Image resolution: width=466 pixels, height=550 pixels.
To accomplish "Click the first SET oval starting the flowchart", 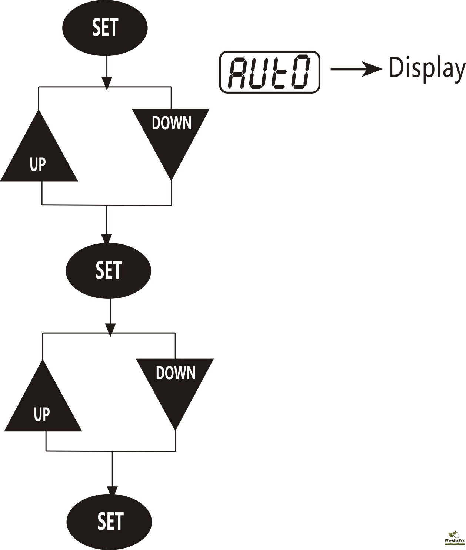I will [105, 28].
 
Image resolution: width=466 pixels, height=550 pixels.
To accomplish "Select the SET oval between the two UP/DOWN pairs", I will [108, 270].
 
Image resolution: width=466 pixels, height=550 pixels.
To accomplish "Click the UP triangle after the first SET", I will [39, 155].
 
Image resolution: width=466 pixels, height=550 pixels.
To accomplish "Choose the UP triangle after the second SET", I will [43, 405].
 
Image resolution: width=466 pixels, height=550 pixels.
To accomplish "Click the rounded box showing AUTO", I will [269, 72].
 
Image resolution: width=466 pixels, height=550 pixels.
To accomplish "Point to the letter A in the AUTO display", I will [237, 72].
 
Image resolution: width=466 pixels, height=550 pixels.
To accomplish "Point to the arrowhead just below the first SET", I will [107, 82].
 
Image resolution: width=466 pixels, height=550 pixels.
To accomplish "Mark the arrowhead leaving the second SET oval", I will [110, 329].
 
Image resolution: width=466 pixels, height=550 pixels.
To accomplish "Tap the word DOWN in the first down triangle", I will [172, 123].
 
